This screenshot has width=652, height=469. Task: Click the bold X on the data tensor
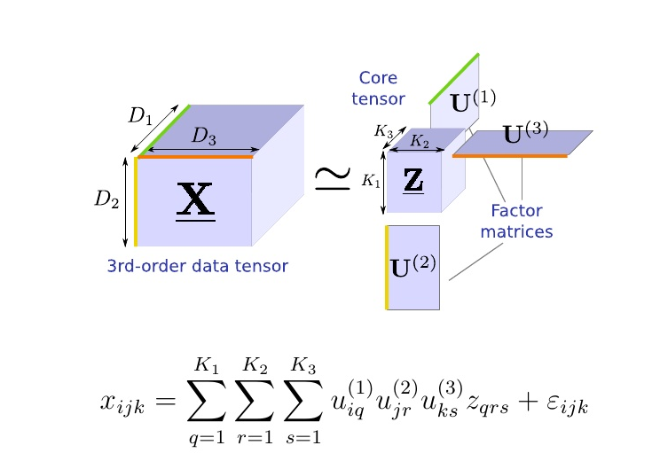195,201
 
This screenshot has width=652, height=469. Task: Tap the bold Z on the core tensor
413,180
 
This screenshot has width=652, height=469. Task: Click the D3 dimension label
205,137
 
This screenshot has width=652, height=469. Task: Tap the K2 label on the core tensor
420,142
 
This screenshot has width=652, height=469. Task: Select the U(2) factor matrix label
413,265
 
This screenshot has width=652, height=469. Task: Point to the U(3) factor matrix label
525,135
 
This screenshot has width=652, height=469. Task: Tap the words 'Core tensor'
378,89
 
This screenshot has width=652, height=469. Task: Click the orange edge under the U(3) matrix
510,156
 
